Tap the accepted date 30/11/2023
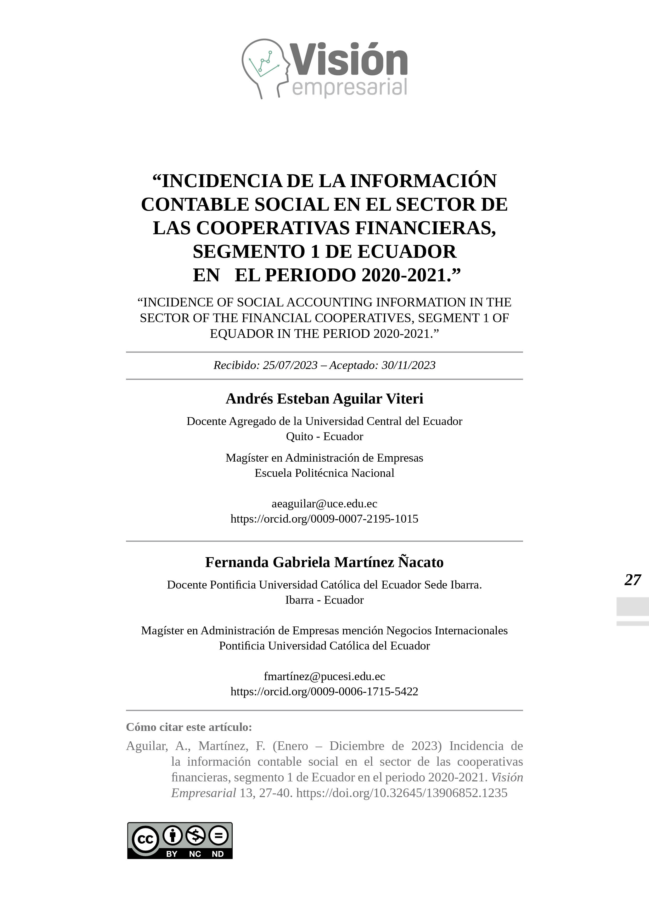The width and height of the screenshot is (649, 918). [408, 365]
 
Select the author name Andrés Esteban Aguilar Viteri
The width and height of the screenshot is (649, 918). [324, 399]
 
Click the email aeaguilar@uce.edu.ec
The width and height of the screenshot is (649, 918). [324, 503]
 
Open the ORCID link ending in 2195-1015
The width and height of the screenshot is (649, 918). [324, 519]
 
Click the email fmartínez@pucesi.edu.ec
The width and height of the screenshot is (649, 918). [324, 676]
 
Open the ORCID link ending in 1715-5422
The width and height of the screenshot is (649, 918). [324, 691]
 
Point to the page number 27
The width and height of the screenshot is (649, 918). [632, 580]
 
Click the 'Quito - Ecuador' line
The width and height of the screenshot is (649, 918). [324, 436]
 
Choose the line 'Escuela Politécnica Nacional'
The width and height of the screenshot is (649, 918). [324, 473]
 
